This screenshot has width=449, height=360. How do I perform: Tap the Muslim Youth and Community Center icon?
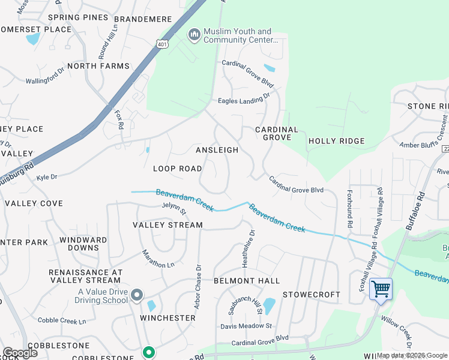pyautogui.click(x=194, y=35)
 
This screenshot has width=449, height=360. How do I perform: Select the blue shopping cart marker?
pyautogui.click(x=381, y=289)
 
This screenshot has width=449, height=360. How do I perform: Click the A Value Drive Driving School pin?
pyautogui.click(x=137, y=295)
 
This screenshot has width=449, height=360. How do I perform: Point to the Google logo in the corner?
pyautogui.click(x=20, y=352)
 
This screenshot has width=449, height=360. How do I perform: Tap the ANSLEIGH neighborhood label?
pyautogui.click(x=217, y=150)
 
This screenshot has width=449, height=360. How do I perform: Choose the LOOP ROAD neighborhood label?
pyautogui.click(x=177, y=169)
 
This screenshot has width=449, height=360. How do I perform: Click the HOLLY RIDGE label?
pyautogui.click(x=336, y=141)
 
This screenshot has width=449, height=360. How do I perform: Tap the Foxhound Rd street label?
pyautogui.click(x=349, y=208)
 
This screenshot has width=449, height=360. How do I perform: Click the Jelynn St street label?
pyautogui.click(x=174, y=209)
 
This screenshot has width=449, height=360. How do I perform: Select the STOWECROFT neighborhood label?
pyautogui.click(x=312, y=295)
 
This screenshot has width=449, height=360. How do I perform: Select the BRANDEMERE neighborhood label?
pyautogui.click(x=143, y=19)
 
